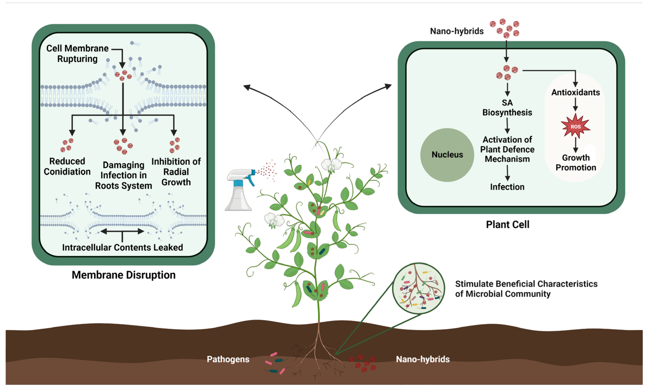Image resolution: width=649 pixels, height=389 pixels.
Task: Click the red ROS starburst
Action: point(576,126)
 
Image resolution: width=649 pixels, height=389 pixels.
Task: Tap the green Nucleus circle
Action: point(447,155)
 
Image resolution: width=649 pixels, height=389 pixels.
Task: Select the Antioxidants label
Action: point(576,92)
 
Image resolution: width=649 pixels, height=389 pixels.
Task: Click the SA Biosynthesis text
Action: point(507,108)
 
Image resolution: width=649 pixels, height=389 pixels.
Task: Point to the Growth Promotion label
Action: point(576,162)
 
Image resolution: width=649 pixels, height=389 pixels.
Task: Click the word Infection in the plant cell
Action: point(507,187)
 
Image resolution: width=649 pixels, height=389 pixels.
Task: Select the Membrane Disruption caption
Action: point(123,275)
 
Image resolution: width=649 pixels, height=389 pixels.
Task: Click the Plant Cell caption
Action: point(508,225)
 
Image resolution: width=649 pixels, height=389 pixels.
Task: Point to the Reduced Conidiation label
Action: point(67,166)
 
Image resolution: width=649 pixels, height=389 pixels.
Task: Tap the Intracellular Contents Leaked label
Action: point(122,247)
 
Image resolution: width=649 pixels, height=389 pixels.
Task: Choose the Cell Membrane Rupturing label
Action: point(77,53)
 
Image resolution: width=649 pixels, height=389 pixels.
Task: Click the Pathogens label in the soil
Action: point(228,359)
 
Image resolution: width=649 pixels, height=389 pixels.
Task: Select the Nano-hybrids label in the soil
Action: point(423,359)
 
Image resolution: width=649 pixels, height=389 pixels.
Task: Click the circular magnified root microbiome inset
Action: point(419,289)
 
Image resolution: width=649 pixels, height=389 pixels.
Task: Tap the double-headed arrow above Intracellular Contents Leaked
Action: point(122,231)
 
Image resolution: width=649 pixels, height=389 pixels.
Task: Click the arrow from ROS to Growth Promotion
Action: point(576,145)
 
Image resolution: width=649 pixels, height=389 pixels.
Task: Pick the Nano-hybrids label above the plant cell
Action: point(457,31)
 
